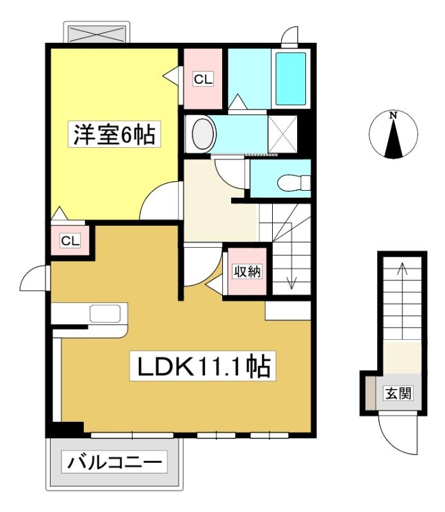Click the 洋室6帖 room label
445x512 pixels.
pos(114,134)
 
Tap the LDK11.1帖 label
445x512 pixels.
pos(203,366)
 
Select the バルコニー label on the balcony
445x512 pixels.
pos(115,462)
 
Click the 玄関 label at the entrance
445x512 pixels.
pos(398,393)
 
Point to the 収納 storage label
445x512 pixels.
pos(247,271)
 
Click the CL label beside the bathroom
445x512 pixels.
pos(203,79)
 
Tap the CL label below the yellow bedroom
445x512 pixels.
pos(70,241)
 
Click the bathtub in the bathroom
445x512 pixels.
pos(291,79)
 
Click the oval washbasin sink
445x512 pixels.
pos(204,134)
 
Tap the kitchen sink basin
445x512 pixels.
pos(105,313)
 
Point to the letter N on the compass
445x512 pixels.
pos(393,115)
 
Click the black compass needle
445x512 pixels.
pos(393,139)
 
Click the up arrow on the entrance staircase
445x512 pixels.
pos(402,301)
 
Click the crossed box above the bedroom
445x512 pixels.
pos(97,34)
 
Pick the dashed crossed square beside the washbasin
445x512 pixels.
pos(282,134)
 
